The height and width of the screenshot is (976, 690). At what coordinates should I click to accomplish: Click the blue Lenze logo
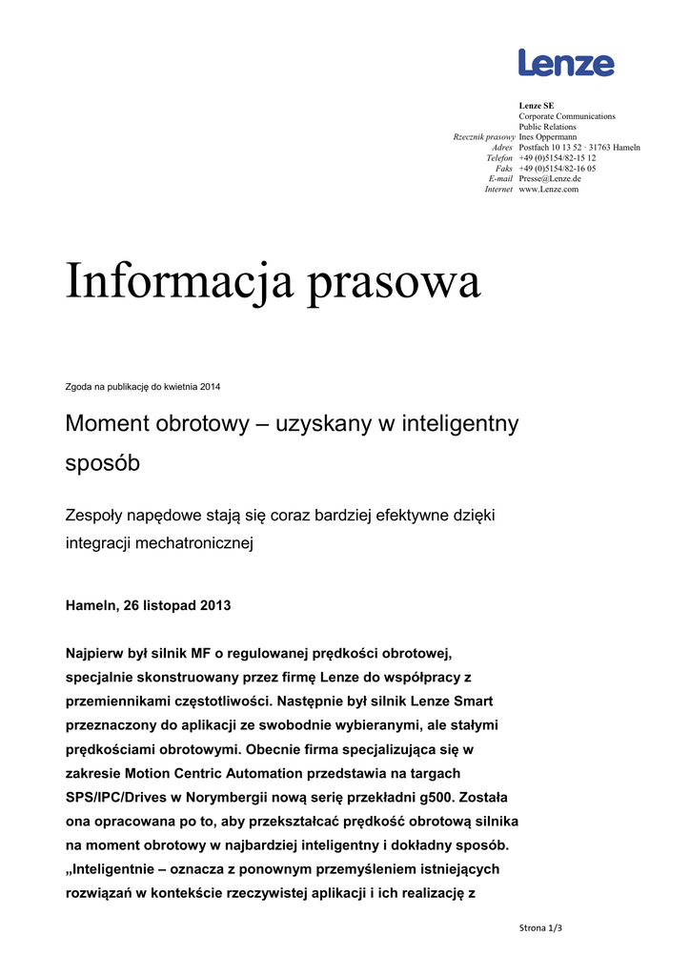tap(566, 63)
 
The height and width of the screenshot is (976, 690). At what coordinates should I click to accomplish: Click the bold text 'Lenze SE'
tap(536, 106)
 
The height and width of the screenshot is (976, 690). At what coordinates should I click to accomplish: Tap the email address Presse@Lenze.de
tap(550, 178)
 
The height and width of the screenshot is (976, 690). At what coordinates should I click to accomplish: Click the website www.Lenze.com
tap(548, 189)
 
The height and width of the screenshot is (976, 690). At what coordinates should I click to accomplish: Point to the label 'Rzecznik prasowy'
tap(483, 137)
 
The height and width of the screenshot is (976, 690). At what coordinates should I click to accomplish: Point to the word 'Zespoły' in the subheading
tap(95, 516)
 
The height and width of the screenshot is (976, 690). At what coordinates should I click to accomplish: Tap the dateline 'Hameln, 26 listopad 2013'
tap(148, 605)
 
